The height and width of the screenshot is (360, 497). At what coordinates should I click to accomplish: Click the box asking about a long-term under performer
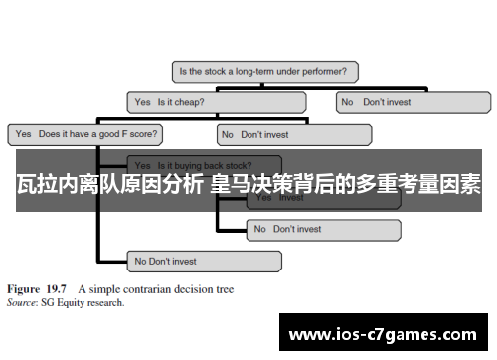point(265,72)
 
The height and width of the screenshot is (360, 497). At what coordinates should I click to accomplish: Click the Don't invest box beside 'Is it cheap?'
point(413,101)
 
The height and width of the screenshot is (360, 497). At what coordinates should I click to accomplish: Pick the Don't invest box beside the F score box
point(293,133)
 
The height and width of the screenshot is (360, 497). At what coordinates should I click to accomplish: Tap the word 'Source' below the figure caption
point(22,302)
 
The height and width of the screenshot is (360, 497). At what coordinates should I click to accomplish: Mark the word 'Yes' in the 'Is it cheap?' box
point(142,101)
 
